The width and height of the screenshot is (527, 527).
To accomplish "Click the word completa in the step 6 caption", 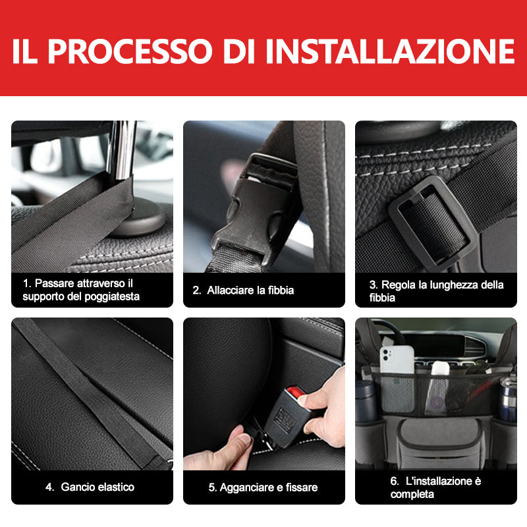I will tap(412, 494).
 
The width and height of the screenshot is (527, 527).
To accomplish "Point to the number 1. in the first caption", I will tap(27, 283).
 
